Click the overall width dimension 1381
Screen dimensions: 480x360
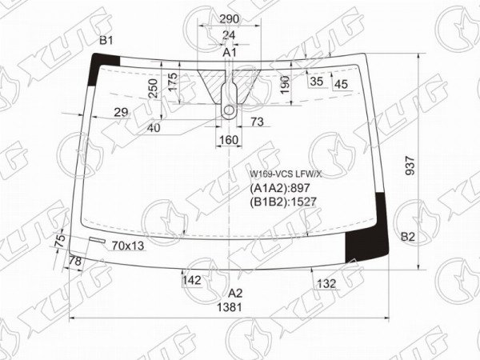coord(230,307)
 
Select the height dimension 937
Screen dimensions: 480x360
coord(410,166)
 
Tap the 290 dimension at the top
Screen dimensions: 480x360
coord(230,19)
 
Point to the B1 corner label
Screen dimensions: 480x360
coord(106,40)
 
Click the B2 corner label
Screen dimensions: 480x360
coord(408,236)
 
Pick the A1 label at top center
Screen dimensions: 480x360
coord(230,53)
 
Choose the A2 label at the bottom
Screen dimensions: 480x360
coord(235,294)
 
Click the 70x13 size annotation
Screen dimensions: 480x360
coord(128,246)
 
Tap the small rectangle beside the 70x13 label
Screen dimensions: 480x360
coord(97,240)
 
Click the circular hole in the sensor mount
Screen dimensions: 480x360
coord(229,110)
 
